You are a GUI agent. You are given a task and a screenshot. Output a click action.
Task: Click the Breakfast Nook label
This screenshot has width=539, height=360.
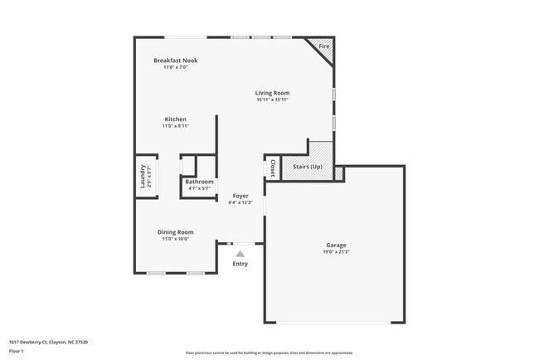point(175,61)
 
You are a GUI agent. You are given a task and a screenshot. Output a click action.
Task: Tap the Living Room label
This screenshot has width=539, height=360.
point(272,93)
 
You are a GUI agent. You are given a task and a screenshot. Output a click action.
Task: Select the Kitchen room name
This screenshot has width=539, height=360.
point(175,119)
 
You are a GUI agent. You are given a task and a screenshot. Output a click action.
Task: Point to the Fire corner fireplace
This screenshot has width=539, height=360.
point(323,46)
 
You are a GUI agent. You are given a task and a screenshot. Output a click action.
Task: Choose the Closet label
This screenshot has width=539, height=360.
point(271,168)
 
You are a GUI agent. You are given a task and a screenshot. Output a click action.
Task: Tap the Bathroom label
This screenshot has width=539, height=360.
point(199,182)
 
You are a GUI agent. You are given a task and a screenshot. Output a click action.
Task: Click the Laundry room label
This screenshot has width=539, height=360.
point(143,177)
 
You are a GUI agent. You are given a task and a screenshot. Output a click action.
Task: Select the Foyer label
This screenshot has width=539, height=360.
point(240,196)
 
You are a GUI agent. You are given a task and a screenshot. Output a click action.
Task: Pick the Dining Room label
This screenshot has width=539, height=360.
point(175,232)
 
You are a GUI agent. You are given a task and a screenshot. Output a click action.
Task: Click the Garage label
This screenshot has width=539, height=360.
point(336,246)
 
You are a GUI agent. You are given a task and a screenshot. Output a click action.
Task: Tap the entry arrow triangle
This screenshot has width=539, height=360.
point(240,254)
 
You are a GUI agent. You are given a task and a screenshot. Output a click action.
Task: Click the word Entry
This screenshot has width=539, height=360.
point(240,264)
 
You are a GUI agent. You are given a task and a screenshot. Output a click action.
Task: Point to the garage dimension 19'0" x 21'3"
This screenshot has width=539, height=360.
point(336,252)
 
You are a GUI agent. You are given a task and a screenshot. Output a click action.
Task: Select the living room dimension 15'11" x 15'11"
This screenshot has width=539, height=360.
point(272,100)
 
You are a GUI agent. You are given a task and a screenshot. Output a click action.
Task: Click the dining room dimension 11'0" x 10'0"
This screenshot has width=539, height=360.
point(175,239)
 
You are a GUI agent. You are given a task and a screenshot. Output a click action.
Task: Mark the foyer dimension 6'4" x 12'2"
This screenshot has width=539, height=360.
point(240,202)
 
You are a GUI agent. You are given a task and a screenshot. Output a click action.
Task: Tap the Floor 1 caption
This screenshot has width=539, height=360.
point(16,352)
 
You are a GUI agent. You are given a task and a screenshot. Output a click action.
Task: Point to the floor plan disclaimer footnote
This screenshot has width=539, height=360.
point(269,353)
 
